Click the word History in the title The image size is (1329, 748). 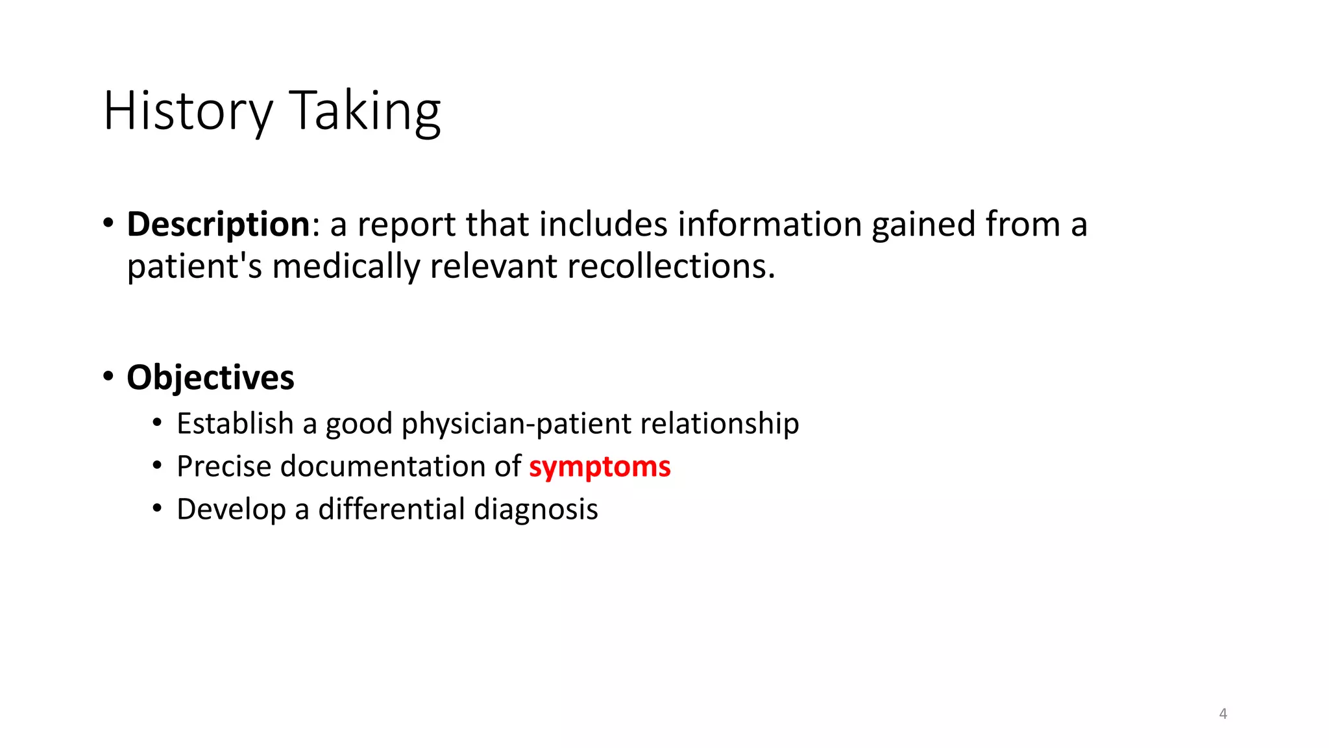188,112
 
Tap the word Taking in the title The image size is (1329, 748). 365,112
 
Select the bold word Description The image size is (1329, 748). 219,225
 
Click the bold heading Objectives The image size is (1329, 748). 210,378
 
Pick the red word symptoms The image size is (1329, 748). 600,467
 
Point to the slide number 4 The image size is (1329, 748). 1223,714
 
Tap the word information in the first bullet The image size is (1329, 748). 770,225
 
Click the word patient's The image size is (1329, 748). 194,266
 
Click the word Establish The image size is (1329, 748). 235,424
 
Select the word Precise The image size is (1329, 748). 223,467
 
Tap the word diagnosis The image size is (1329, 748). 536,509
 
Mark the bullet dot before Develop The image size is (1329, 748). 157,508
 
